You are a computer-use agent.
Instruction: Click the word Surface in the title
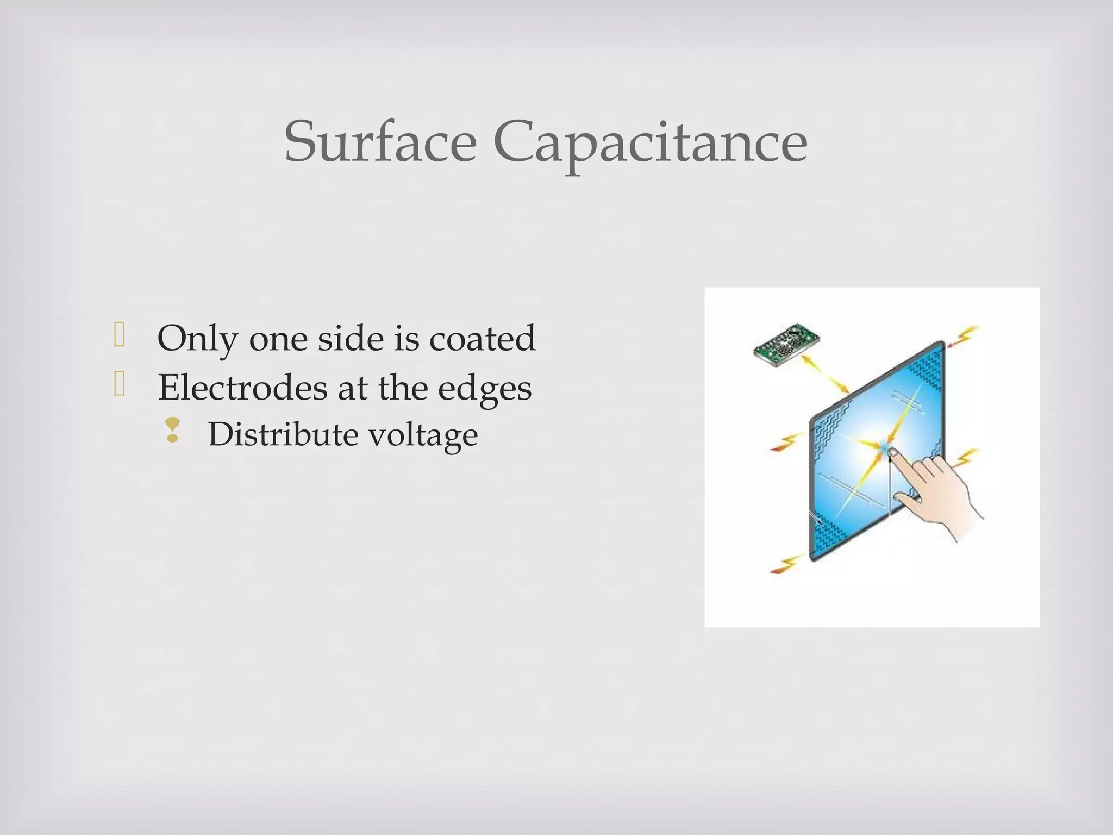click(380, 142)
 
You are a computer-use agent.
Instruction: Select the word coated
click(482, 338)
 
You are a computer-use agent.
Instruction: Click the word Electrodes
click(242, 388)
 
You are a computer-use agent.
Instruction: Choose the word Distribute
click(282, 435)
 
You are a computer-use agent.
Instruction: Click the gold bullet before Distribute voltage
click(173, 430)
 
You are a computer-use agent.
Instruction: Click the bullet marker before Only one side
click(120, 335)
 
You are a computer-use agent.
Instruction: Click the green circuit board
click(786, 342)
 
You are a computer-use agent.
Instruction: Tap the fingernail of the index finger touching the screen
click(893, 452)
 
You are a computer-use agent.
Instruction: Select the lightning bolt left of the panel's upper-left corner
click(787, 441)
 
